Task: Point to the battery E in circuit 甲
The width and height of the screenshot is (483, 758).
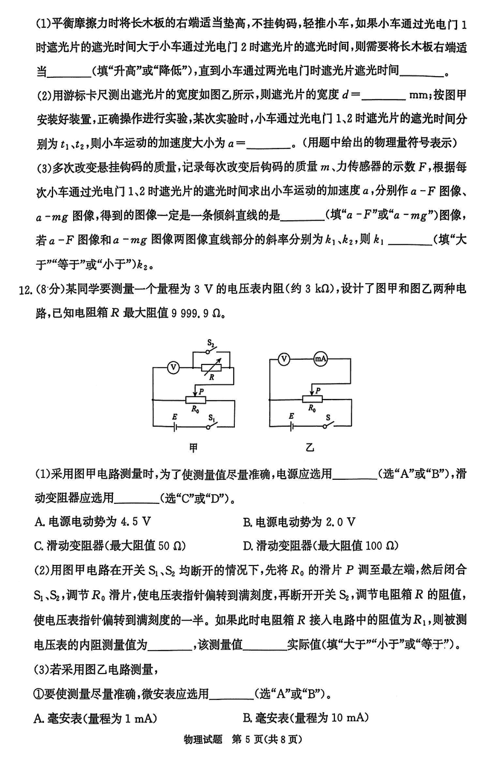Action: (175, 425)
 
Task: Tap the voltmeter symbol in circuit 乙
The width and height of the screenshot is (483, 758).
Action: (283, 358)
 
